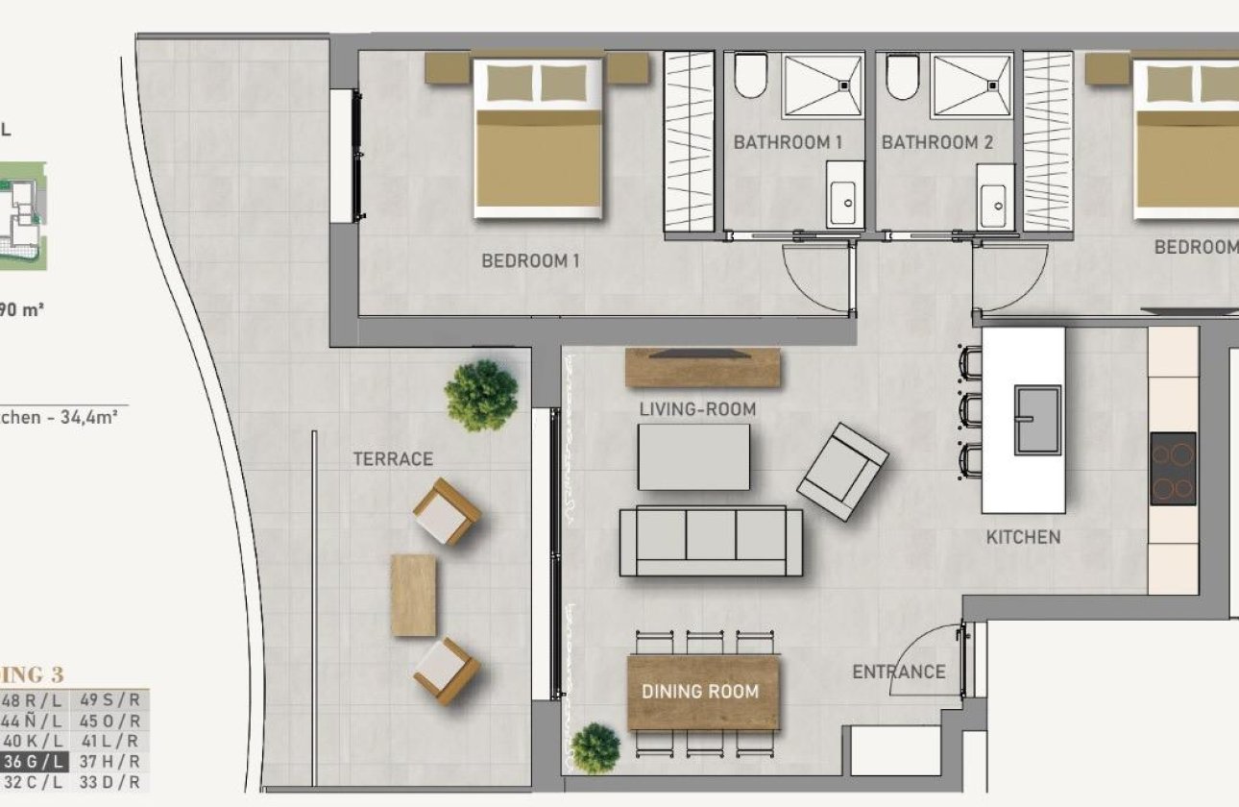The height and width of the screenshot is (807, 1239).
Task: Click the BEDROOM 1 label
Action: [x=530, y=260]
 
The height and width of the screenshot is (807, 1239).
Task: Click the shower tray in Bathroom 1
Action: [x=822, y=86]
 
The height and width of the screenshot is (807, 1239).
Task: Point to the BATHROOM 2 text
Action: [x=936, y=143]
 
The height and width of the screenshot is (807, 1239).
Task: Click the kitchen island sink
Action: [x=1036, y=420]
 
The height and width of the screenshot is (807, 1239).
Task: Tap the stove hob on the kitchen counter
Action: [x=1173, y=469]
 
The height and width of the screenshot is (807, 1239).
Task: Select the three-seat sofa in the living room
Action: [x=711, y=540]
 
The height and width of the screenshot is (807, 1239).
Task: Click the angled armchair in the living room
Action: [x=842, y=471]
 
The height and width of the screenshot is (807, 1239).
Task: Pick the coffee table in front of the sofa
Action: [x=693, y=457]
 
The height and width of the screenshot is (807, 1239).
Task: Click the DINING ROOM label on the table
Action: [x=700, y=692]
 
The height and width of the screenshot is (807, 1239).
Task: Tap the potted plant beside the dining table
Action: [x=595, y=747]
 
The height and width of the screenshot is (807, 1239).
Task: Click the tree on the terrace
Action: [x=481, y=395]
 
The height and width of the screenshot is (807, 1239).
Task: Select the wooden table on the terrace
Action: [x=413, y=595]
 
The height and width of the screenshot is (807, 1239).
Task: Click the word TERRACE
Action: [x=393, y=459]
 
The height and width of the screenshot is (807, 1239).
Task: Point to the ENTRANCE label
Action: [x=898, y=672]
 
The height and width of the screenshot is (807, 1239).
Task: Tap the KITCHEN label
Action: [x=1023, y=537]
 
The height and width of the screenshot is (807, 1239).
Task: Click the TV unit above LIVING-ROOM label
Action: [x=702, y=367]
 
